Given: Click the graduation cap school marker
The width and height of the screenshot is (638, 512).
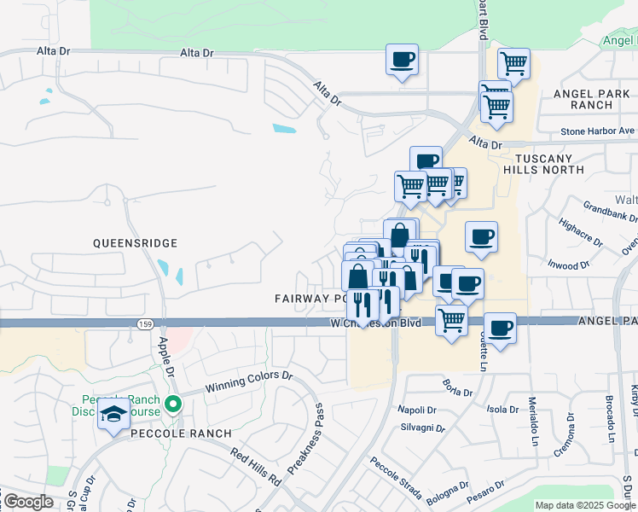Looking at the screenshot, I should [112, 416].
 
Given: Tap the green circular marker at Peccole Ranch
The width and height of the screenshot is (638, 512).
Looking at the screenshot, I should [174, 404].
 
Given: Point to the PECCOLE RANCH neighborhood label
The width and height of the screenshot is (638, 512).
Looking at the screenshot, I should [181, 433].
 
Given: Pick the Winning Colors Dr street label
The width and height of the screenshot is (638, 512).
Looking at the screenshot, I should [246, 379].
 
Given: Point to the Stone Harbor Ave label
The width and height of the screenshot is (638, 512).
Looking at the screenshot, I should [598, 131].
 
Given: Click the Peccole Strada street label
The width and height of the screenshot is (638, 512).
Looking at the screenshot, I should [396, 480].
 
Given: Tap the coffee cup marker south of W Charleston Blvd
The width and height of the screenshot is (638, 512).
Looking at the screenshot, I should [500, 329].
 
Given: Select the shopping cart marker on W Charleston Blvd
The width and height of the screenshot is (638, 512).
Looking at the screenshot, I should [451, 321].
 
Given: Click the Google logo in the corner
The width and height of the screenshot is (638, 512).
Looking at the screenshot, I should [28, 502].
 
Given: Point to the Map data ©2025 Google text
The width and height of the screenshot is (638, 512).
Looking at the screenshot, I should [585, 505].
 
